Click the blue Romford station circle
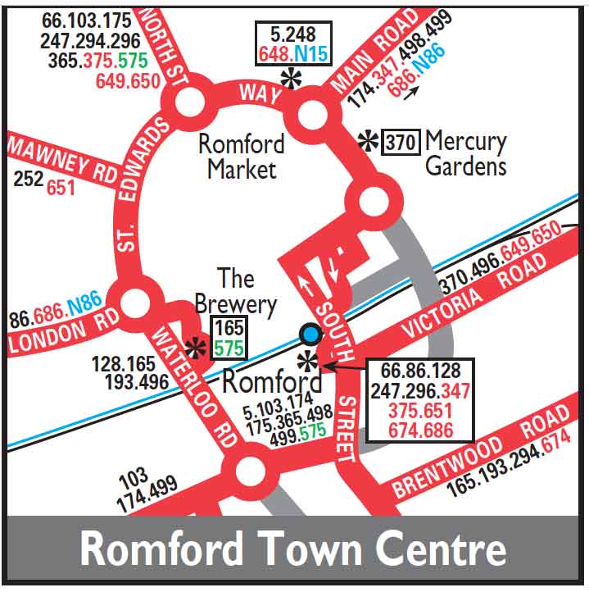click(x=310, y=334)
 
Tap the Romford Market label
click(x=242, y=157)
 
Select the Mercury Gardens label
click(x=465, y=153)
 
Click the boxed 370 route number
click(x=401, y=142)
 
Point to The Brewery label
click(x=236, y=291)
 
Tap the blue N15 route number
click(x=311, y=55)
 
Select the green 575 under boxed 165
click(x=229, y=348)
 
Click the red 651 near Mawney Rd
click(x=60, y=188)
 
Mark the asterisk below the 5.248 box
click(x=290, y=78)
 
